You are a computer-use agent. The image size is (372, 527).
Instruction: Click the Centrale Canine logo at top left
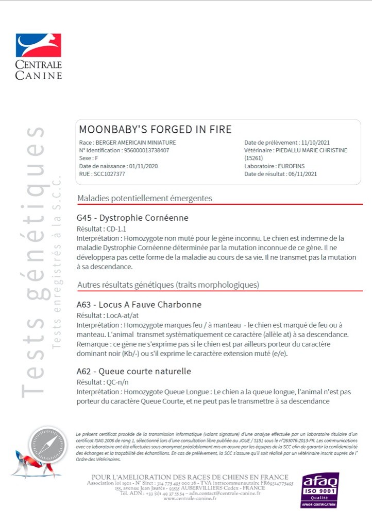pyautogui.click(x=39, y=56)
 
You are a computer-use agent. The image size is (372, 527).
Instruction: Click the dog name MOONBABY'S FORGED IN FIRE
pyautogui.click(x=155, y=129)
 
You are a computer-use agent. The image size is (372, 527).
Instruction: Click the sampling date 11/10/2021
pyautogui.click(x=316, y=143)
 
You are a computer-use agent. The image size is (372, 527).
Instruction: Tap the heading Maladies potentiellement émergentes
pyautogui.click(x=145, y=198)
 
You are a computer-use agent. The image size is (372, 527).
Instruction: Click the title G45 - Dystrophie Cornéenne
pyautogui.click(x=132, y=218)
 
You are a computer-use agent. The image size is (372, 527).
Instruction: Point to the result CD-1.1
pyautogui.click(x=115, y=229)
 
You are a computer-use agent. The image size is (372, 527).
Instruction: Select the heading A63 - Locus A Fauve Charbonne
pyautogui.click(x=139, y=304)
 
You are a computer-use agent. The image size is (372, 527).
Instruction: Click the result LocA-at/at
pyautogui.click(x=119, y=315)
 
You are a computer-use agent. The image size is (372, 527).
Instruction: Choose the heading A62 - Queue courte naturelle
pyautogui.click(x=133, y=371)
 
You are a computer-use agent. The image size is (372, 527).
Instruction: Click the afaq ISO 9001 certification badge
pyautogui.click(x=319, y=490)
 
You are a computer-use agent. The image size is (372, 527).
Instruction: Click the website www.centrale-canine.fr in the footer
pyautogui.click(x=190, y=498)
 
